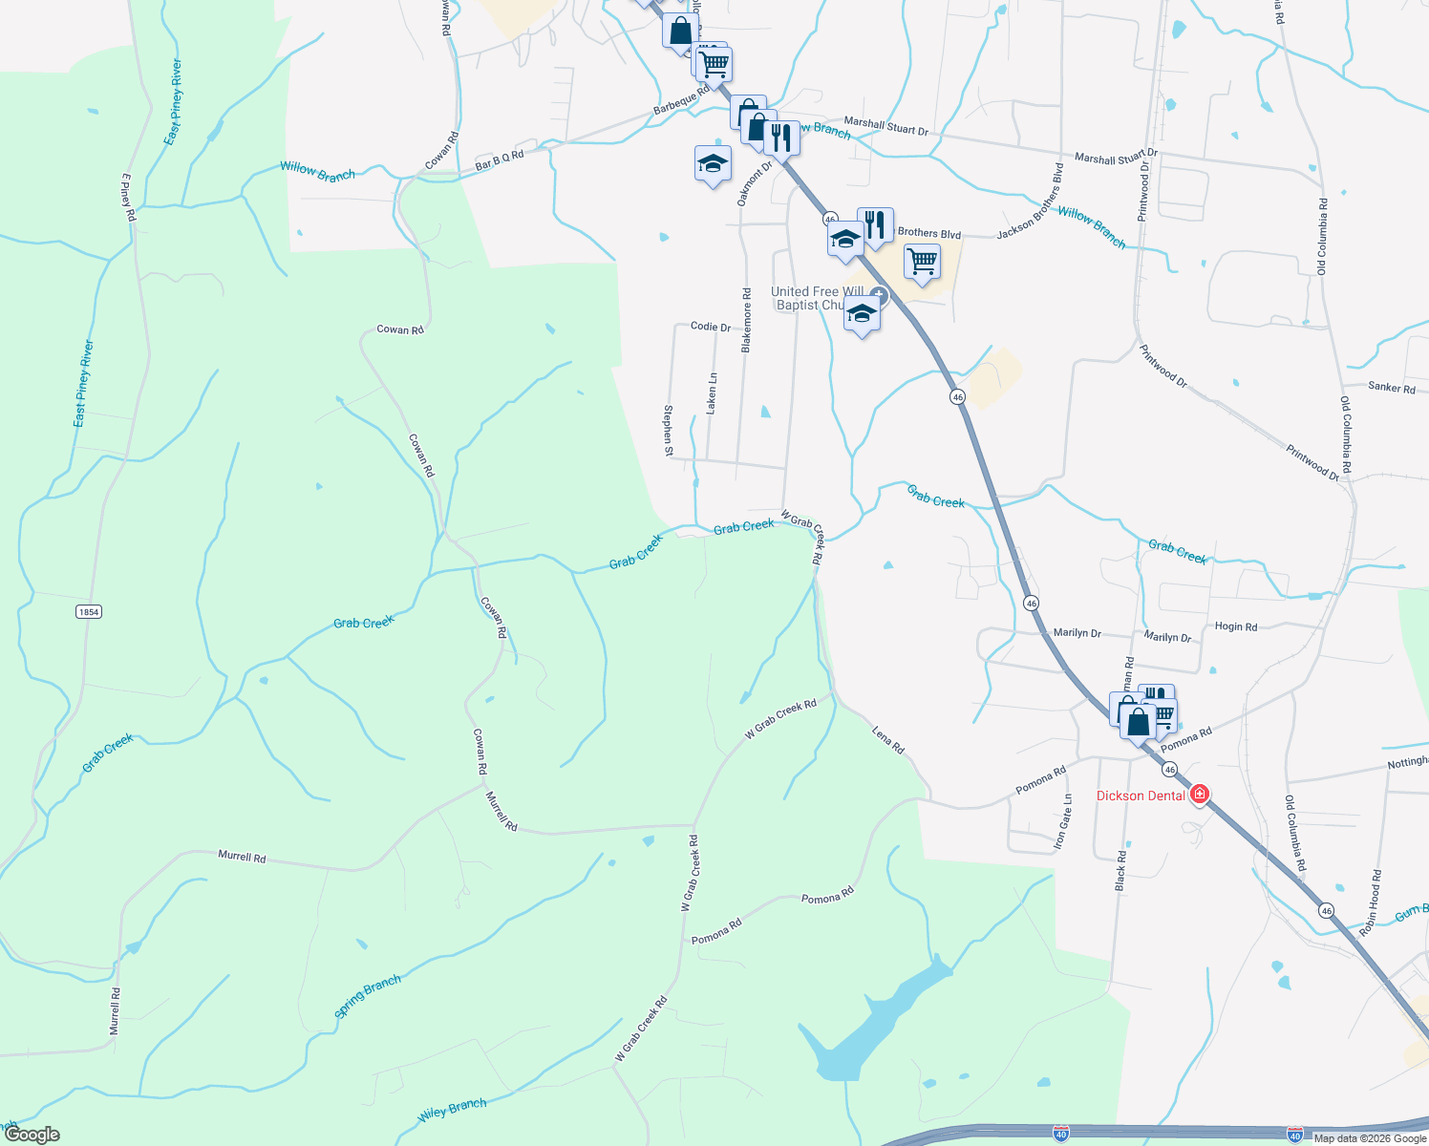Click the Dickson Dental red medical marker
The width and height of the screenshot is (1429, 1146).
click(1200, 795)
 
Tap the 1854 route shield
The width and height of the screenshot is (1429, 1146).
click(89, 611)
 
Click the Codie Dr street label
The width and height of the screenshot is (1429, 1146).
click(710, 327)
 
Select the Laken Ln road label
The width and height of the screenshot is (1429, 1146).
click(712, 393)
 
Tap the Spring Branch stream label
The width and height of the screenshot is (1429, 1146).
click(368, 997)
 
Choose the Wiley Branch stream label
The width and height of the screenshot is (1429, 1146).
click(453, 1110)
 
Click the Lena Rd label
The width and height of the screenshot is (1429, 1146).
click(888, 739)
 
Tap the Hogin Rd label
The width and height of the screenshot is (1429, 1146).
click(1236, 626)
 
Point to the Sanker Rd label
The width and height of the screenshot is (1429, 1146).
click(1391, 388)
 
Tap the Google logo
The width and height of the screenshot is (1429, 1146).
click(32, 1135)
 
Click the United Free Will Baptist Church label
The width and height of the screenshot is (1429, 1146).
click(817, 298)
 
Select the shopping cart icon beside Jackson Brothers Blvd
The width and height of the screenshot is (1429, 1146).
click(922, 261)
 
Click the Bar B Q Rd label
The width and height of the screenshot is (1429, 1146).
click(500, 160)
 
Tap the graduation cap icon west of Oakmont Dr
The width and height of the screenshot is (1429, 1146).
click(713, 164)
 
